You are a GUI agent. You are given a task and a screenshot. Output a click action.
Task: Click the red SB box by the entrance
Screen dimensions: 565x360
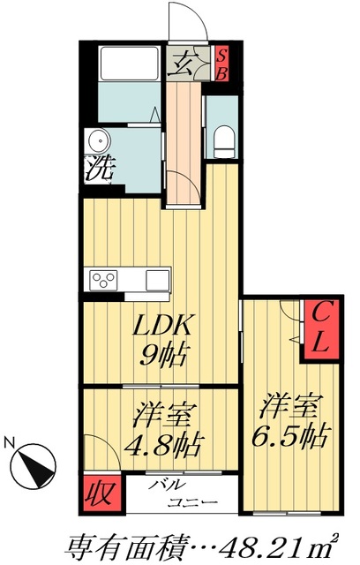(222, 63)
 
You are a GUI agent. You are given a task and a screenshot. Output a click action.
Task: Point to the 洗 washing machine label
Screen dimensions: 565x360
(98, 169)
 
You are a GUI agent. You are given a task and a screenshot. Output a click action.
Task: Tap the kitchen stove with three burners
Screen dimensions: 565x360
(105, 281)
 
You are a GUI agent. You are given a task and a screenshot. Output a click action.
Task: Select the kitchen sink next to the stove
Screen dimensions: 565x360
(158, 281)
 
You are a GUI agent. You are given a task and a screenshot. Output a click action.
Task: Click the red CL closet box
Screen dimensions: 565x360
(318, 329)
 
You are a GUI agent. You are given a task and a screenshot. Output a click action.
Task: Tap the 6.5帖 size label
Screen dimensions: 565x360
(292, 435)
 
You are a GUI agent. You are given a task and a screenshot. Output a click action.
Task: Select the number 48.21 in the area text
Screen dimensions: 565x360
(259, 544)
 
